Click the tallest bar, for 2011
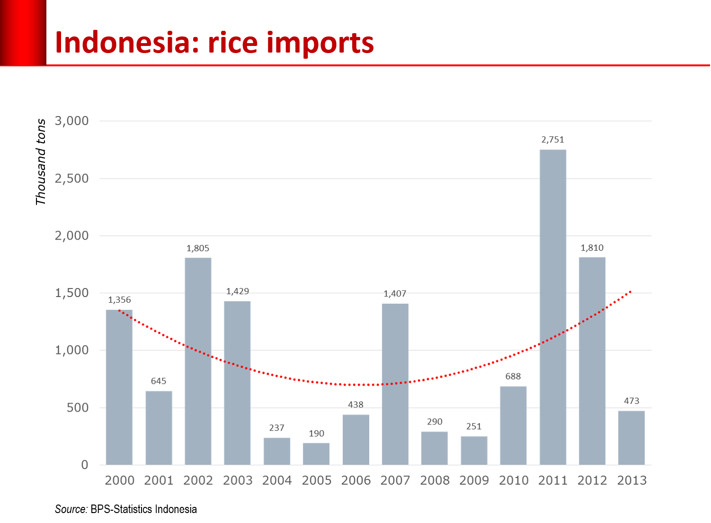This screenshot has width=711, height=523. (x=553, y=307)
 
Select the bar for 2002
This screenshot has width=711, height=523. (x=198, y=361)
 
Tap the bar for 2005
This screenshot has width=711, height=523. (x=316, y=454)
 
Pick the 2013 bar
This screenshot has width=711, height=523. (x=631, y=438)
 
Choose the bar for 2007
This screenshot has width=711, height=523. (x=395, y=384)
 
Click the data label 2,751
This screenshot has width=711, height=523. (x=553, y=140)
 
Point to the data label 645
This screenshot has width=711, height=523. (x=159, y=381)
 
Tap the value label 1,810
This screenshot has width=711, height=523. (x=592, y=248)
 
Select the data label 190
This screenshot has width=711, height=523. (x=317, y=433)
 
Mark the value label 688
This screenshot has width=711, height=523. (x=513, y=376)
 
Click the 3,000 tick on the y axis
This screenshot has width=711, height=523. (x=72, y=121)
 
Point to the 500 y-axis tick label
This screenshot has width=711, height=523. (x=78, y=408)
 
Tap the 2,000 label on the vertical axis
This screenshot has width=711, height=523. (x=72, y=236)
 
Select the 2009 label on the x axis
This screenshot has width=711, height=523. (x=474, y=480)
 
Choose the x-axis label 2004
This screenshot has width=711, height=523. (x=277, y=480)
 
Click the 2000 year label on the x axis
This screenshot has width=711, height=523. (x=119, y=480)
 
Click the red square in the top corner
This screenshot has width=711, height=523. (x=23, y=32)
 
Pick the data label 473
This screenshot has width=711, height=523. (x=631, y=401)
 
